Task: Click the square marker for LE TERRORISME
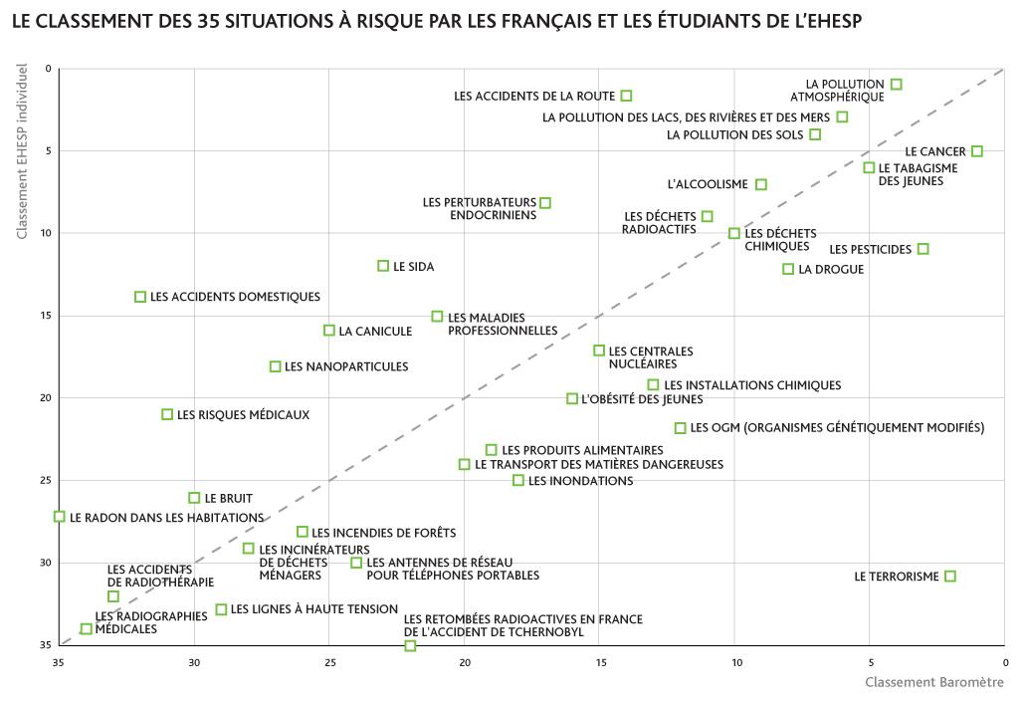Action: [950, 577]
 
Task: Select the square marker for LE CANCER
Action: [977, 151]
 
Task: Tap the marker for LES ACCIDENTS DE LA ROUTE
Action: [626, 96]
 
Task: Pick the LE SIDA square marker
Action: [383, 266]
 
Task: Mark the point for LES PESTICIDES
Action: [923, 249]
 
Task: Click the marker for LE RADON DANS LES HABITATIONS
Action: [60, 517]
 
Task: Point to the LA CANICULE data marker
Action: [329, 331]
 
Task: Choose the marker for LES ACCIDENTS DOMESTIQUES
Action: [140, 297]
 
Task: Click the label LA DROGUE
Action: [831, 270]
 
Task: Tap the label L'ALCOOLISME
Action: [708, 184]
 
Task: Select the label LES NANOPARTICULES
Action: [346, 366]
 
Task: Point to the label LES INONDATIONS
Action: [580, 481]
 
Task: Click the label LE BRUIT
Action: [229, 498]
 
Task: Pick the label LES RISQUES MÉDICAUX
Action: [243, 414]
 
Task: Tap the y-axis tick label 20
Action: [45, 398]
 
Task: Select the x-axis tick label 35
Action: [59, 662]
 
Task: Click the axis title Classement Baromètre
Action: [934, 682]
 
